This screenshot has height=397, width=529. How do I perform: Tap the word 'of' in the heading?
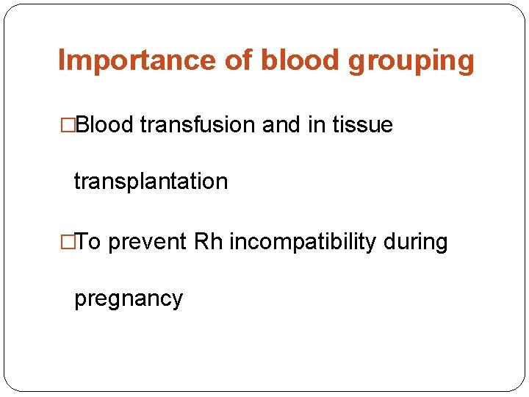238,60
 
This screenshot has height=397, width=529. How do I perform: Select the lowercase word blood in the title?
301,60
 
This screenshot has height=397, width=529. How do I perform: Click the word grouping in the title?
411,62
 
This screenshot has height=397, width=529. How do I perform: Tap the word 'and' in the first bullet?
281,125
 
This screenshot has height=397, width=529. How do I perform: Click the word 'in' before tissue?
317,125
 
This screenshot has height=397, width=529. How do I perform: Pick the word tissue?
362,125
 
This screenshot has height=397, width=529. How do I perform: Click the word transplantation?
151,182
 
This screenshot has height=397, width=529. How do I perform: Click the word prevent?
148,242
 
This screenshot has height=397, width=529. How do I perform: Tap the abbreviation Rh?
209,241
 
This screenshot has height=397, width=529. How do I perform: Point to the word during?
415,242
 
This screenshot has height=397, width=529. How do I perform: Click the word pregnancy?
128,299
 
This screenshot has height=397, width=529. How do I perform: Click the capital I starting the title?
61,60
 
